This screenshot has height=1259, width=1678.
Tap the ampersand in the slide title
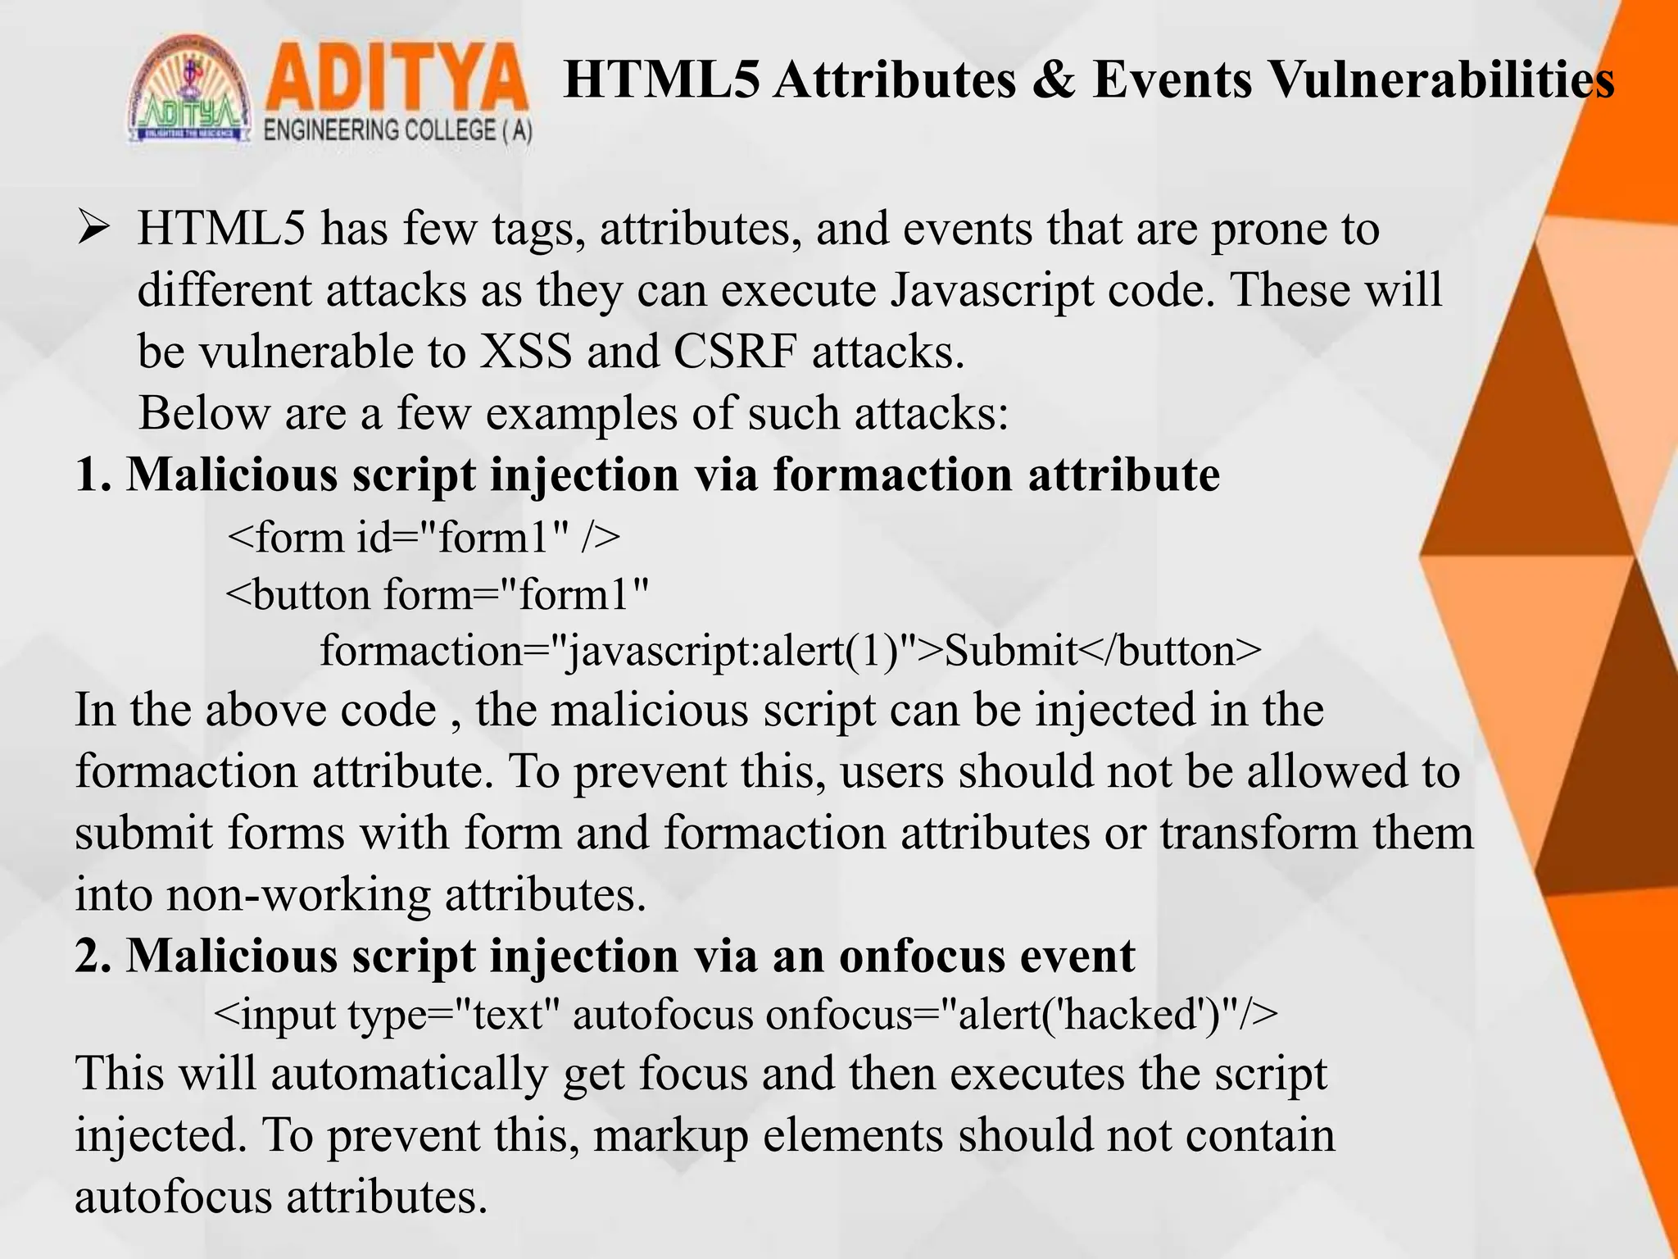tap(1054, 81)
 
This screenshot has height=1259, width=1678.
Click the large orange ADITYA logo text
tap(397, 80)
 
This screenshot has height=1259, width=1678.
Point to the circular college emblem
tap(189, 90)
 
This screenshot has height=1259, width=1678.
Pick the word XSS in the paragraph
tap(525, 352)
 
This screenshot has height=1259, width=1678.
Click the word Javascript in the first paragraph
tap(991, 290)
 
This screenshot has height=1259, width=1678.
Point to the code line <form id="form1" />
tap(423, 538)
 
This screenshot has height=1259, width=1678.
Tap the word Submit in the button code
tap(1010, 651)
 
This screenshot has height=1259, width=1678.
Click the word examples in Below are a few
tap(581, 413)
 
